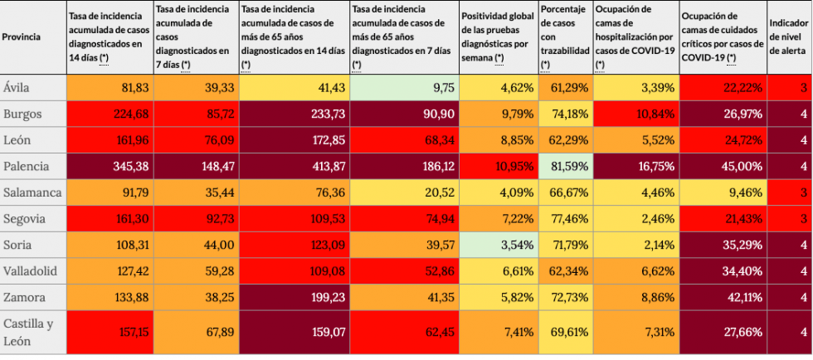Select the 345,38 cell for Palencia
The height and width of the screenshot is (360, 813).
point(108,166)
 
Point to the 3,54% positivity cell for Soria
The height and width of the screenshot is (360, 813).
point(497,246)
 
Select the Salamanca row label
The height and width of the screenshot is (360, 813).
point(33,192)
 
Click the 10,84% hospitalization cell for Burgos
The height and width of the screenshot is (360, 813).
point(635,114)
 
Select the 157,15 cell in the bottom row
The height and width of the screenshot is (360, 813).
point(108,332)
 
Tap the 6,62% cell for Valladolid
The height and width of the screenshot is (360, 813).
point(635,271)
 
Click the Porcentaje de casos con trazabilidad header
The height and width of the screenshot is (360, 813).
point(564,37)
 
